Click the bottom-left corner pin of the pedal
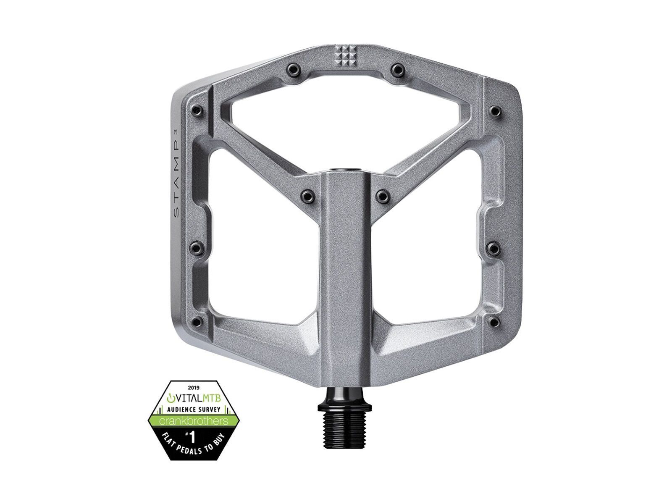196,299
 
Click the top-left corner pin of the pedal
196,110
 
